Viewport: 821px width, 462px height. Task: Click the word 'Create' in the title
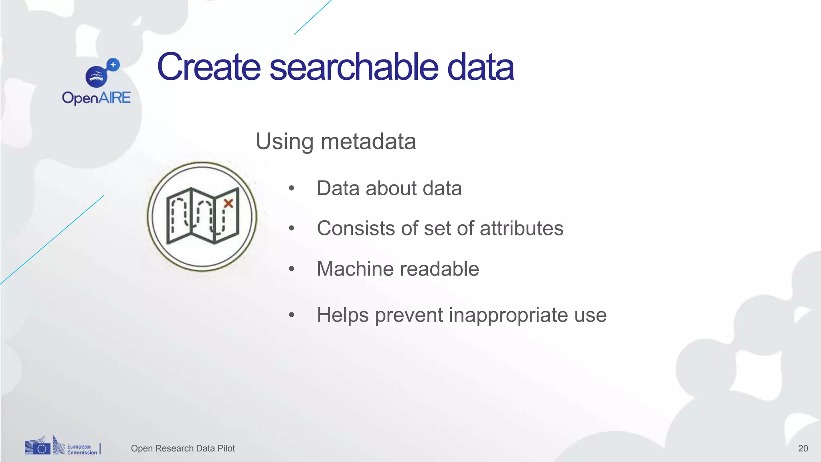pyautogui.click(x=208, y=67)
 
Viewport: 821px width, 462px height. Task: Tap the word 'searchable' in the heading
pyautogui.click(x=354, y=67)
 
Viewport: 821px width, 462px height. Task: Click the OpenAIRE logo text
pyautogui.click(x=96, y=98)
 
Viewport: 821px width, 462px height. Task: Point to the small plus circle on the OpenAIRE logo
pyautogui.click(x=113, y=65)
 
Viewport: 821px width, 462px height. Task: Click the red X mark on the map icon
pyautogui.click(x=229, y=203)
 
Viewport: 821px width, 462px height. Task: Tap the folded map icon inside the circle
pyautogui.click(x=202, y=216)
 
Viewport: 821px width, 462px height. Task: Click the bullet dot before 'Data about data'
pyautogui.click(x=291, y=188)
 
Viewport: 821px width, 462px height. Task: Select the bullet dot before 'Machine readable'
pyautogui.click(x=291, y=269)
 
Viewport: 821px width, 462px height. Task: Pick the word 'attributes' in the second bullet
pyautogui.click(x=522, y=229)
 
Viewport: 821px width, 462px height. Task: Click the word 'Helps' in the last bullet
pyautogui.click(x=342, y=315)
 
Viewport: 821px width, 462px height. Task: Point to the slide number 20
pyautogui.click(x=803, y=448)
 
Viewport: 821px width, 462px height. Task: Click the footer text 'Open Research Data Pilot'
pyautogui.click(x=183, y=448)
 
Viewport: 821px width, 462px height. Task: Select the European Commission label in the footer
pyautogui.click(x=82, y=450)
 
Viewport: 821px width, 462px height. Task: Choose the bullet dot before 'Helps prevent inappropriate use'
pyautogui.click(x=291, y=315)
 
